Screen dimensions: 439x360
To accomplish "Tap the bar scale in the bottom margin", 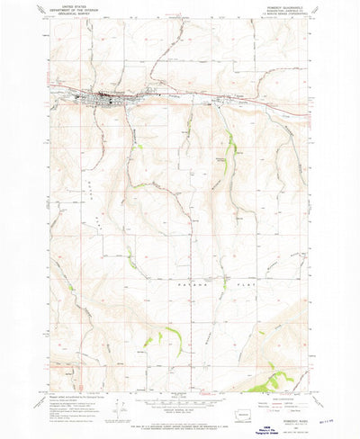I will [x=178, y=402].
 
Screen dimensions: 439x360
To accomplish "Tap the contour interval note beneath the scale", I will [x=178, y=411].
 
